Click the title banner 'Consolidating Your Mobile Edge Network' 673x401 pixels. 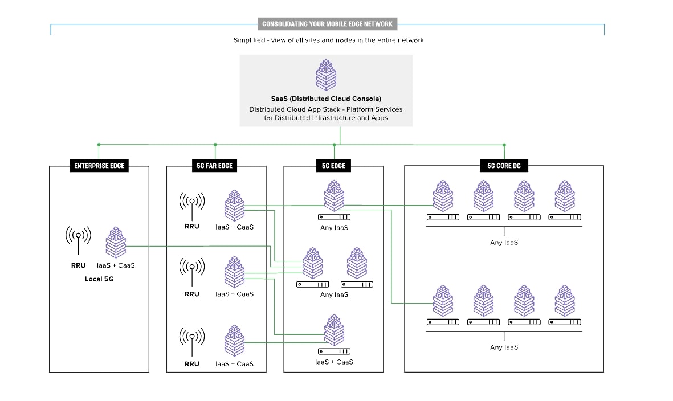327,24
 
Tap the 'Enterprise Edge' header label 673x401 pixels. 99,166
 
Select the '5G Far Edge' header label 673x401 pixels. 215,166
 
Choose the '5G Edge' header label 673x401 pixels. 333,166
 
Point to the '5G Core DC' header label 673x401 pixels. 504,166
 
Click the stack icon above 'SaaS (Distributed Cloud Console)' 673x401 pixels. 326,75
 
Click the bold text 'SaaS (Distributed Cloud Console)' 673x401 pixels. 326,99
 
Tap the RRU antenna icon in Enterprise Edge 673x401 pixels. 78,240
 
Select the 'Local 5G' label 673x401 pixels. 99,279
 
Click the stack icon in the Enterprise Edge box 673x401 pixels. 116,242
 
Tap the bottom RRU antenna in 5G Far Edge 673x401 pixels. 192,341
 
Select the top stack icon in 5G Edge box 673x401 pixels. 334,196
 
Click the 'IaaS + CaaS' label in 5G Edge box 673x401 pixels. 334,362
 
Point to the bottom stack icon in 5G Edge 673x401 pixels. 334,331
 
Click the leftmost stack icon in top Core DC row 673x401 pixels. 443,196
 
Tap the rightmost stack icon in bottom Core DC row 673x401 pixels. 565,301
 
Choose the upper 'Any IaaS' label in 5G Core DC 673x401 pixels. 504,242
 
